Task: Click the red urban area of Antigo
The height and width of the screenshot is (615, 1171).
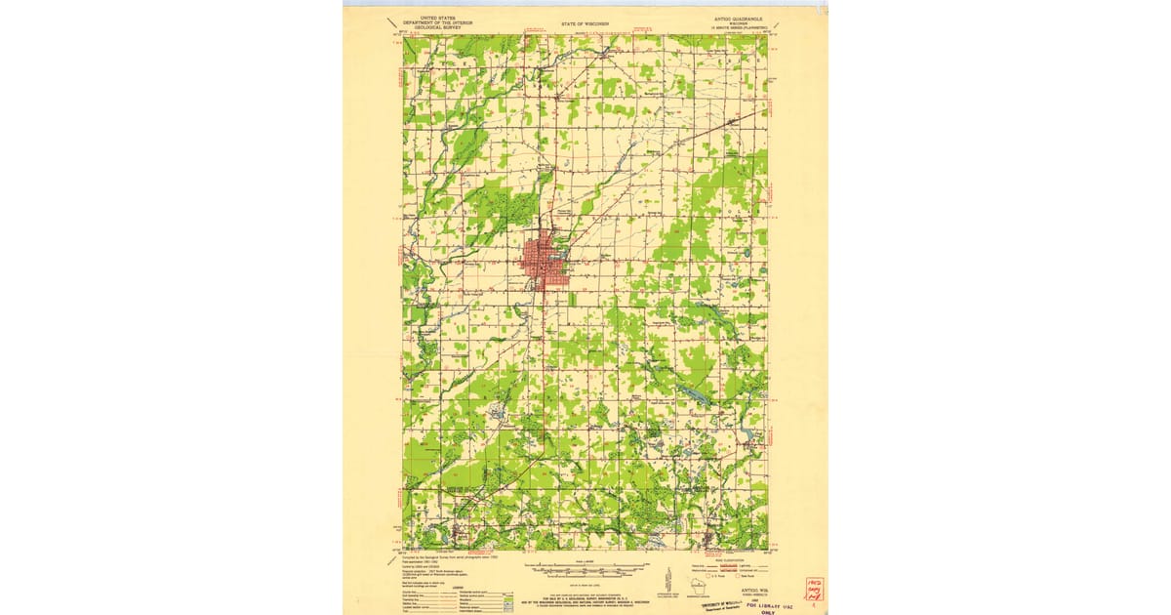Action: point(539,261)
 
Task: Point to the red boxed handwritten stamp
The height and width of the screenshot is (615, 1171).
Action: point(813,588)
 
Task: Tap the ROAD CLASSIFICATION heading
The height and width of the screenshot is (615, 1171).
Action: point(730,558)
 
